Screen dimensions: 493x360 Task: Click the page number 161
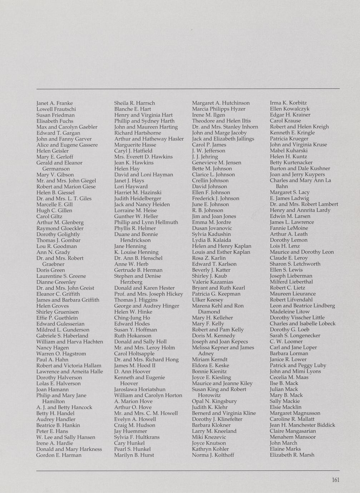(x=335, y=480)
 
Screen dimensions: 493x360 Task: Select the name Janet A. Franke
(x=54, y=103)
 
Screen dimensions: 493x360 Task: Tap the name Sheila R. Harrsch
(x=134, y=103)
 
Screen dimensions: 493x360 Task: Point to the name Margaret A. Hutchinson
(x=221, y=103)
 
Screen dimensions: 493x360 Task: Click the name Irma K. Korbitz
(x=288, y=103)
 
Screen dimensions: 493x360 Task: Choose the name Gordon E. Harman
(x=59, y=455)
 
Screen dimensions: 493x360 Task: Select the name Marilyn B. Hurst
(x=134, y=455)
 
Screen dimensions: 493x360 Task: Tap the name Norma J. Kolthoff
(x=213, y=455)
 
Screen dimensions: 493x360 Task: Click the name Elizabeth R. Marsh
(x=292, y=455)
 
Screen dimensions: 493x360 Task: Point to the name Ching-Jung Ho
(x=132, y=318)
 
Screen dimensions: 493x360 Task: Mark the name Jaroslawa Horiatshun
(x=140, y=389)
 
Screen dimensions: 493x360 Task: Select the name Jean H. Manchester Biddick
(x=302, y=425)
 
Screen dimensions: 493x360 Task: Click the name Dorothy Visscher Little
(x=297, y=318)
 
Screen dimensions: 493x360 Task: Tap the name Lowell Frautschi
(x=56, y=109)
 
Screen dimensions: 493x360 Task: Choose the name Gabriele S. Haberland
(x=62, y=336)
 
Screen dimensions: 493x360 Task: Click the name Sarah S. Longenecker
(x=295, y=335)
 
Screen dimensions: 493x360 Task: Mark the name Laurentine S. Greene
(x=61, y=276)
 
